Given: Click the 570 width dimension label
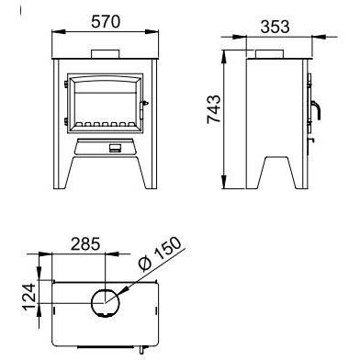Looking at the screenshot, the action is [106, 21].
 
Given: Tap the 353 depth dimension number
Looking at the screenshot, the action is [275, 27].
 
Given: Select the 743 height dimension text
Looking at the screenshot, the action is [213, 109].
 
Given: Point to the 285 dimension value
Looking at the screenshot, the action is [85, 244].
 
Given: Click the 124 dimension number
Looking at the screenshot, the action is [29, 297].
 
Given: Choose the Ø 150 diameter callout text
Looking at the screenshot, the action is [160, 253].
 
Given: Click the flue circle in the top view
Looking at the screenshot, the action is [106, 303].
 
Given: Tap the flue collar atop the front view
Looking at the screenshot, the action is [106, 53].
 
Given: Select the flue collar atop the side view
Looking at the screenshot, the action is [269, 54].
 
